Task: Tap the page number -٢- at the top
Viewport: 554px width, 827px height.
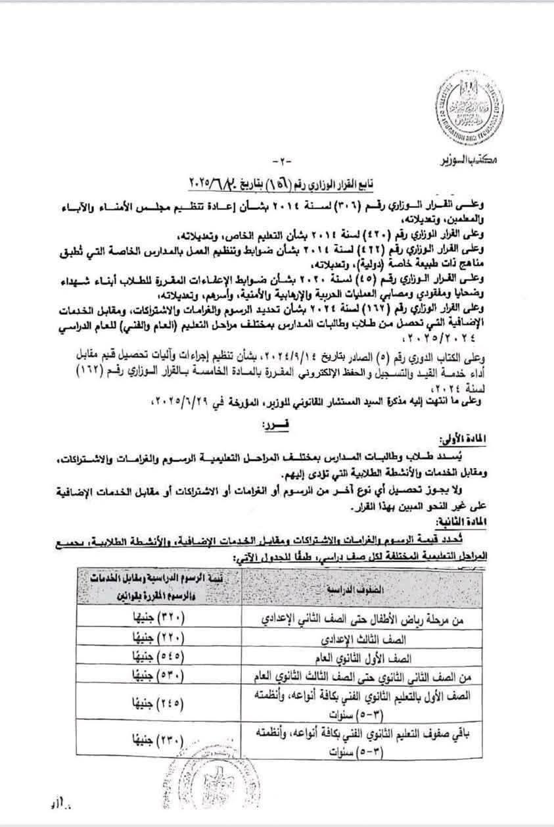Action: [278, 162]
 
